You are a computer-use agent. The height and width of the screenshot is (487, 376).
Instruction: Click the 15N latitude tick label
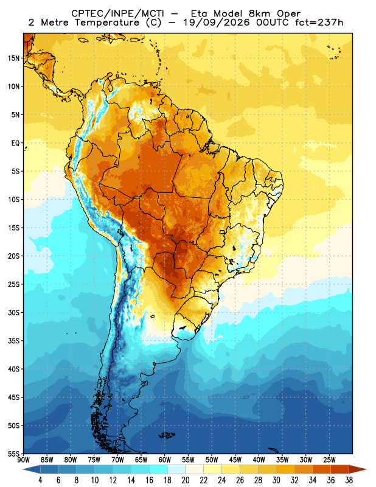pos(13,58)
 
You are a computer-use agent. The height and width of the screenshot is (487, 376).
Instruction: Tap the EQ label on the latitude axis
pos(16,143)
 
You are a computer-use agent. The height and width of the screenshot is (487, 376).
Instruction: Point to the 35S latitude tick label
pos(13,341)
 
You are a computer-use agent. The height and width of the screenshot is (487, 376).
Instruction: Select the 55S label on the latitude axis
pos(13,454)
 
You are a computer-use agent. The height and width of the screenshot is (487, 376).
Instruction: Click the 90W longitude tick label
pos(23,460)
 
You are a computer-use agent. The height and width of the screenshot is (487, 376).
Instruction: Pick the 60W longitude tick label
pos(164,460)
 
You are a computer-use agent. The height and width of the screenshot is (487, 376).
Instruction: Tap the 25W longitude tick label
pos(329,460)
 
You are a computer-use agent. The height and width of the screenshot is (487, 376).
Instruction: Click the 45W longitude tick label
pos(235,460)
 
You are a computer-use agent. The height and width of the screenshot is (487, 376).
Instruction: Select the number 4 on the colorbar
pos(40,480)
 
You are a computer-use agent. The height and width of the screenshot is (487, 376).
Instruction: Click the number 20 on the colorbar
pos(186,480)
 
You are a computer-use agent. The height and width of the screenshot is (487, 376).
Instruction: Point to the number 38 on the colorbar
pos(349,480)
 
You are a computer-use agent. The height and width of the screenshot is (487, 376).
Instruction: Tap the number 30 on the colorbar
pos(276,480)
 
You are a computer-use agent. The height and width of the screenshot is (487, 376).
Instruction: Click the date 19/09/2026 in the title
pos(217,23)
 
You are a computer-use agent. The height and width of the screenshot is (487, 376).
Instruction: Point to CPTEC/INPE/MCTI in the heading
pos(118,13)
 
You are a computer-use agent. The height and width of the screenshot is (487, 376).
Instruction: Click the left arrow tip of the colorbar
pos(23,470)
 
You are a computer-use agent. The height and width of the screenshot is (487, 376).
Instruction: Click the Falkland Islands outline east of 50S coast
pos(167,435)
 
